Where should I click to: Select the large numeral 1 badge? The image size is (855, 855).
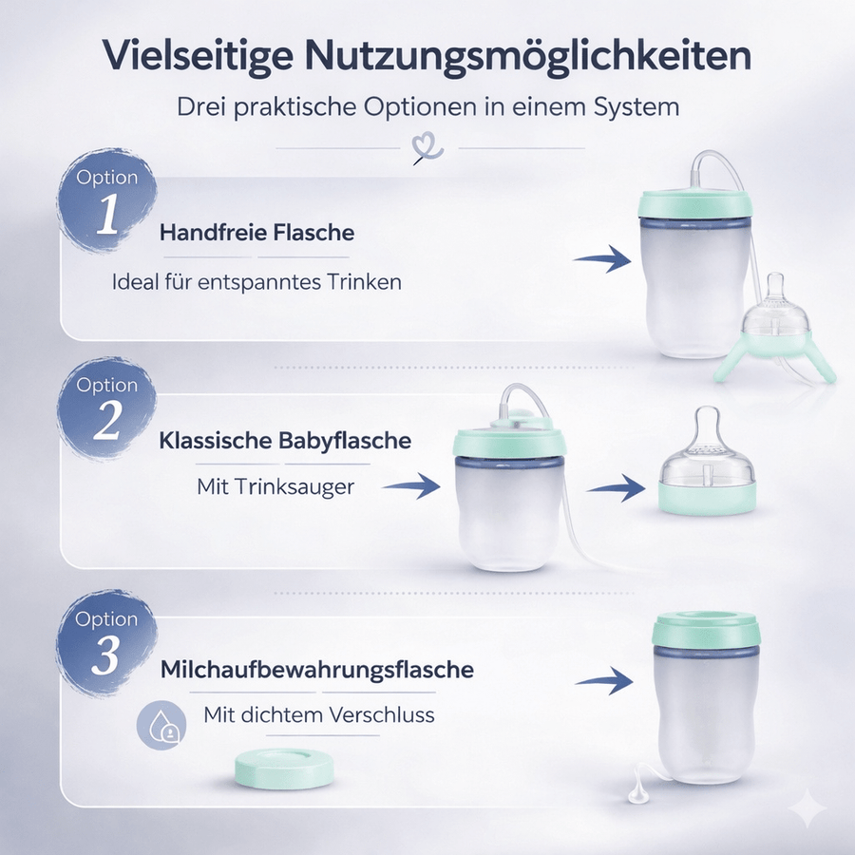point(107,216)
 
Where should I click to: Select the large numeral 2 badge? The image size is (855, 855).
point(106,423)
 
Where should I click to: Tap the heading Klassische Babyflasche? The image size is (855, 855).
point(285,441)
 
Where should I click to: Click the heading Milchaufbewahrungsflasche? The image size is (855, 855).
point(316,670)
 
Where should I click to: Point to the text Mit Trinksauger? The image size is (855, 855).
point(275,486)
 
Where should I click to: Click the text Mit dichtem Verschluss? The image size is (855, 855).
point(319,714)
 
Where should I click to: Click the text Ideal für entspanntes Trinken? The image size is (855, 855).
point(256,282)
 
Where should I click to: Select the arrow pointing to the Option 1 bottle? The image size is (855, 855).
point(602,257)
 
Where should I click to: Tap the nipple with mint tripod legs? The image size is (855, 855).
point(776,328)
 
